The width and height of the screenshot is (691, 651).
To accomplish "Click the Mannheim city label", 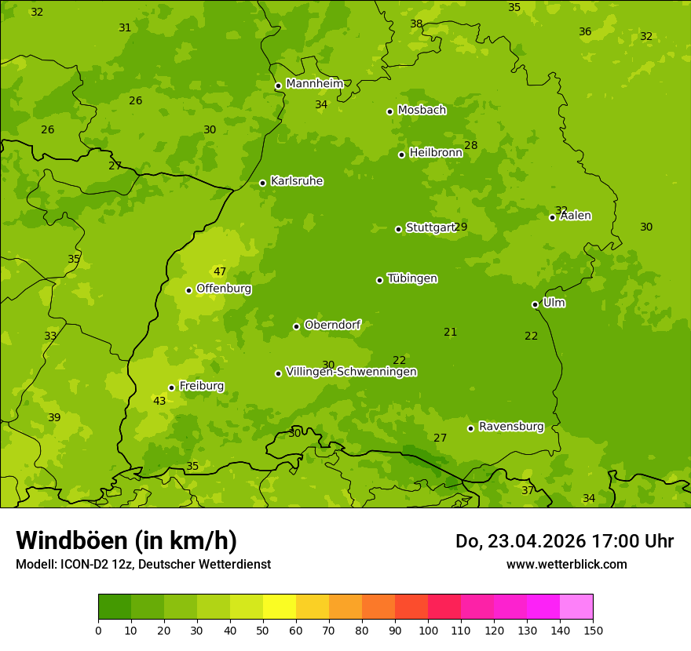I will [x=314, y=84].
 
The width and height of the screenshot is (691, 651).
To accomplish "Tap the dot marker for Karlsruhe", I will [x=262, y=183].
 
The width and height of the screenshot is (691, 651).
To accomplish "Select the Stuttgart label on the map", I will [x=430, y=227].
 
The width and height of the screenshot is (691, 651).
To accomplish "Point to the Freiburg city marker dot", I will [x=171, y=387].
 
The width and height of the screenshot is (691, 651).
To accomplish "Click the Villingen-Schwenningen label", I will [x=351, y=372].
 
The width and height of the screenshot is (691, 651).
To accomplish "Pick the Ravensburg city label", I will [x=511, y=427].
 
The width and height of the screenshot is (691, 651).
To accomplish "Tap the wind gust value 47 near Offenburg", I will [x=220, y=272].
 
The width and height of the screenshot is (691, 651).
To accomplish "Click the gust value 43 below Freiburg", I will [x=159, y=401].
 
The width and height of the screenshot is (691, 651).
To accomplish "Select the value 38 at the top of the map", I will [x=416, y=24].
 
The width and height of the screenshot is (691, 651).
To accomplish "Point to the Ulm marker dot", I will [x=535, y=304].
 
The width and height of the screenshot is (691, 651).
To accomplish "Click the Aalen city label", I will [x=576, y=216].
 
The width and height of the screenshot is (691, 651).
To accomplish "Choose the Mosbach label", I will [x=422, y=111].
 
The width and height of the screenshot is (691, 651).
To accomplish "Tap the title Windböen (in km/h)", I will [x=126, y=540].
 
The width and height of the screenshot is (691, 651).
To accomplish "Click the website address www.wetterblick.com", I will [x=566, y=564].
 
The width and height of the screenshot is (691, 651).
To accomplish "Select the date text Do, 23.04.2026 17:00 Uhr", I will [x=564, y=541].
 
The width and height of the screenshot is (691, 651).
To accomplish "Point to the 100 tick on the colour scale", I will [x=428, y=630].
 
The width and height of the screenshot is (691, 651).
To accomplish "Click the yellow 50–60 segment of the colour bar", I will [x=280, y=607].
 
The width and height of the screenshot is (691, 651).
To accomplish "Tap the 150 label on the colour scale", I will [x=593, y=630].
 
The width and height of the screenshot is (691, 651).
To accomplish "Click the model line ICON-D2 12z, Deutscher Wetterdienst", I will [x=143, y=564].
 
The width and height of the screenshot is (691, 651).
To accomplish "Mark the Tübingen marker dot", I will [x=379, y=280].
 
